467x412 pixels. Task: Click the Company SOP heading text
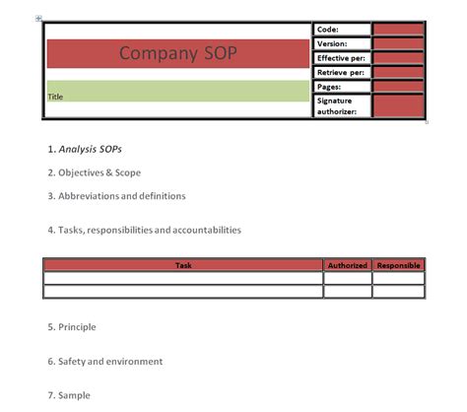click(178, 53)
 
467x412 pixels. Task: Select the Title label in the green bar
click(56, 97)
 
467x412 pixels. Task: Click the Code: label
click(327, 30)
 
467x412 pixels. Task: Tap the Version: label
click(332, 43)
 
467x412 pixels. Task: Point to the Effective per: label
click(340, 58)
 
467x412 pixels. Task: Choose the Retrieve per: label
click(340, 73)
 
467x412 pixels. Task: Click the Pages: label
click(329, 87)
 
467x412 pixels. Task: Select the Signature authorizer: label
click(337, 105)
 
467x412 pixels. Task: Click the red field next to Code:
click(398, 30)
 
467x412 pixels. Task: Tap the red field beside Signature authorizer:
click(398, 105)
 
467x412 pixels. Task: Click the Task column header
click(183, 265)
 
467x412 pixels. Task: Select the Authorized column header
click(348, 265)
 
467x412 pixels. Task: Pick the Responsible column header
click(398, 265)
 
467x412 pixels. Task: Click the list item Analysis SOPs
click(90, 150)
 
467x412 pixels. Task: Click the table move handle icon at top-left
click(38, 18)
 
